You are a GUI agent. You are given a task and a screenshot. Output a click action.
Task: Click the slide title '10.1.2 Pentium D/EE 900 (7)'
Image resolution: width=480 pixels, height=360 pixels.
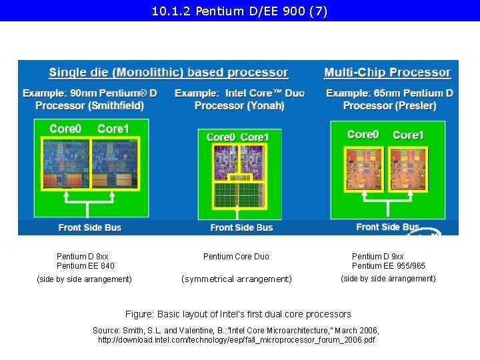point(240,11)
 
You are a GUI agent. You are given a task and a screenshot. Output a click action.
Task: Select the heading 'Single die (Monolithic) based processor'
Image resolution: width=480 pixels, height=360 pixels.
point(169,73)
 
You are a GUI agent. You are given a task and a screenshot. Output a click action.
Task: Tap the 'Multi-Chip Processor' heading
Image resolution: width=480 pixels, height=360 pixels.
point(387,73)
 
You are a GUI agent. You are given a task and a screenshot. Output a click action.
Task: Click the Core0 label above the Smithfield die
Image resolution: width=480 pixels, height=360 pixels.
point(65,129)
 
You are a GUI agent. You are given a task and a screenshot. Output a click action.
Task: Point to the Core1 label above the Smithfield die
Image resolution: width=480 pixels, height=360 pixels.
point(113,129)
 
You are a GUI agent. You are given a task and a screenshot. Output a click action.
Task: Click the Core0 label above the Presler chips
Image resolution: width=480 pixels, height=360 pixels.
point(363,135)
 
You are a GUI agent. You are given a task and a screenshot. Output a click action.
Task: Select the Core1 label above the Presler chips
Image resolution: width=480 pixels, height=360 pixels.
point(408,135)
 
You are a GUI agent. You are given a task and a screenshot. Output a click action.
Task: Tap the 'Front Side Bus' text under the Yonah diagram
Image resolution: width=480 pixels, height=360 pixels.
point(241,227)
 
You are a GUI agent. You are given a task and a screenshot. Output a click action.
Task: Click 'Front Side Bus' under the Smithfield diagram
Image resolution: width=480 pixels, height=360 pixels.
point(90,227)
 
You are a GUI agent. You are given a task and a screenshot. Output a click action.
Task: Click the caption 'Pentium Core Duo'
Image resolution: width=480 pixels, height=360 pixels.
point(236,257)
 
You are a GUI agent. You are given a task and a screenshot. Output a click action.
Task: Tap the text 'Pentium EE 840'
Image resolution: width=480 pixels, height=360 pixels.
point(85,266)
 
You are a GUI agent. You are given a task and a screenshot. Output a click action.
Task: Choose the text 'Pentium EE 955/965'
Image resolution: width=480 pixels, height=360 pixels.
point(389,266)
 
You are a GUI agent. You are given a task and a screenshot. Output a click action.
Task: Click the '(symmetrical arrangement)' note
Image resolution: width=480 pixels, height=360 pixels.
point(237,279)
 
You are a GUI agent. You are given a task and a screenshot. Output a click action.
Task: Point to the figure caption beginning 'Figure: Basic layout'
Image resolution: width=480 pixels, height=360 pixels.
point(238,314)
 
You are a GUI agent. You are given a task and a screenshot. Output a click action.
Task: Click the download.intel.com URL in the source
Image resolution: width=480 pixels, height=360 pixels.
point(236,340)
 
